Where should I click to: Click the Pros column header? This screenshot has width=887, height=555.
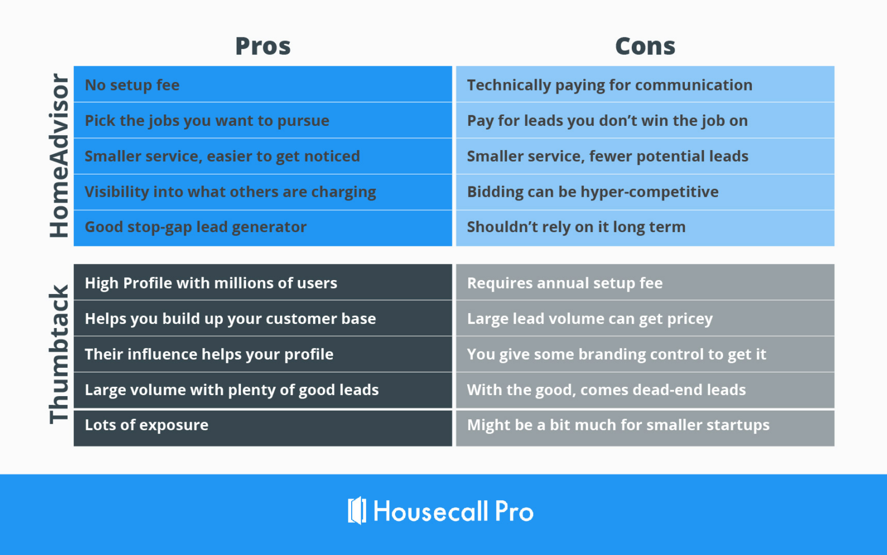[x=263, y=46]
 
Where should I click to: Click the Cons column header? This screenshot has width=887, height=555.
[x=645, y=46]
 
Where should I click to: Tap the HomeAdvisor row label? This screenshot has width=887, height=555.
[x=59, y=155]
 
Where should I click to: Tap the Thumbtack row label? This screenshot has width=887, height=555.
[x=59, y=355]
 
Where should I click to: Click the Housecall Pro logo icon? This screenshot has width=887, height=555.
[x=357, y=511]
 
